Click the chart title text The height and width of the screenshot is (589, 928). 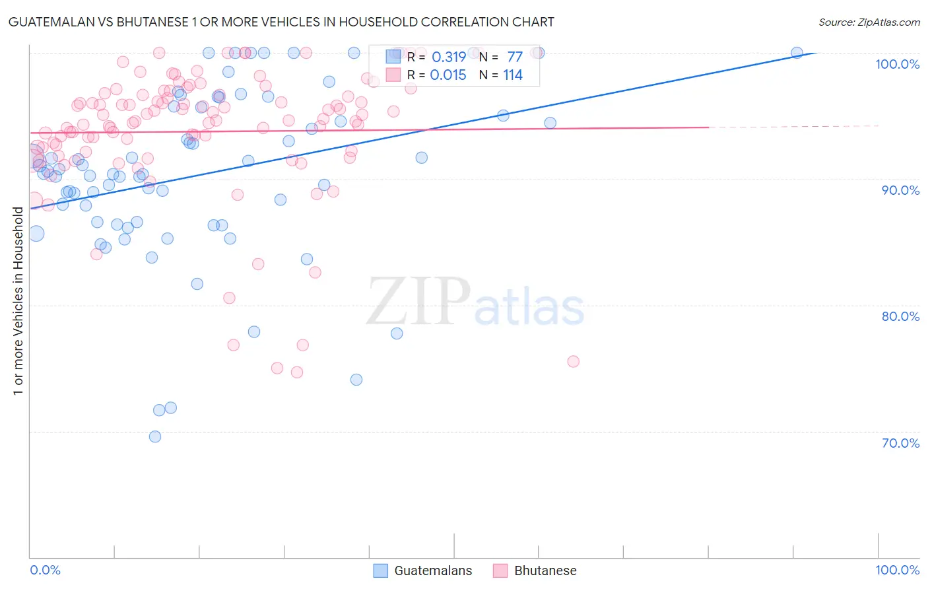281,22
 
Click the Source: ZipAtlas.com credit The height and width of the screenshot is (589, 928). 869,22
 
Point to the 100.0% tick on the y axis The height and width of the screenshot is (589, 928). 897,64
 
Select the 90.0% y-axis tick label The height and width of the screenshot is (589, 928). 900,190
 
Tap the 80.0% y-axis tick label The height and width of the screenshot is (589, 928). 900,316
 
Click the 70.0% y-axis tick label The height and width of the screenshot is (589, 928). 900,443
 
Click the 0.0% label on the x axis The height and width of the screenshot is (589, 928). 45,570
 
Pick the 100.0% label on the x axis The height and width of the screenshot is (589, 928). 897,570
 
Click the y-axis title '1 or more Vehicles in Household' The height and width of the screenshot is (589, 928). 18,301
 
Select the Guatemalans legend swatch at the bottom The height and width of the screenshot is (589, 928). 381,571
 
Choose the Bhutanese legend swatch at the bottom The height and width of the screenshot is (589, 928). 500,571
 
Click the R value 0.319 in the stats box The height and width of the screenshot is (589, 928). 449,57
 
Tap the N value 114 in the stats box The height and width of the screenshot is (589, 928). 513,75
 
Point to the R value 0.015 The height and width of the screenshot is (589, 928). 448,75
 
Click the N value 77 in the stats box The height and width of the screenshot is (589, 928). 515,57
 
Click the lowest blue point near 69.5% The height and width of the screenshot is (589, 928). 155,436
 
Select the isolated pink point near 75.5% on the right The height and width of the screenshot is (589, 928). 573,361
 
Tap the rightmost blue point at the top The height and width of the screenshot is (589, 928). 797,53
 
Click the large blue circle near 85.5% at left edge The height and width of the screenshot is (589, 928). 36,233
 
